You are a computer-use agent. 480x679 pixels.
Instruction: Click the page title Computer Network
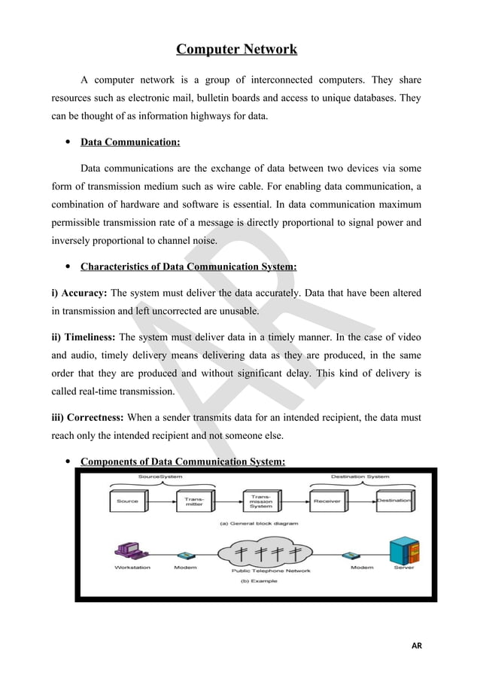[x=236, y=50]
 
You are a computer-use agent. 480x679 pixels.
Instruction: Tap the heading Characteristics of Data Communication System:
[x=188, y=266]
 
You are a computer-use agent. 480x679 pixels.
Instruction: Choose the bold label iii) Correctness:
[x=88, y=416]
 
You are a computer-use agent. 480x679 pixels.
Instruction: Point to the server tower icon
[x=403, y=553]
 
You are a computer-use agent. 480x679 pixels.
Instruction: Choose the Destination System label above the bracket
[x=360, y=477]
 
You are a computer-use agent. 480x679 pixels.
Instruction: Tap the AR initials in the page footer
[x=417, y=646]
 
